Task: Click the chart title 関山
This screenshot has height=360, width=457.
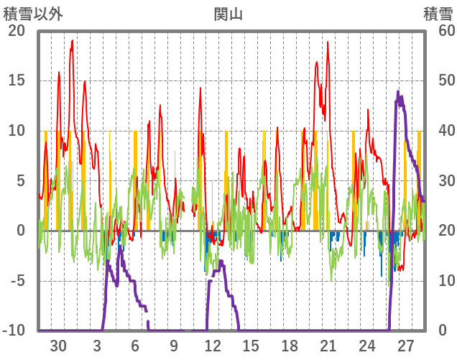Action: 228,14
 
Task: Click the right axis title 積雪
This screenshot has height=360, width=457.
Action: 437,14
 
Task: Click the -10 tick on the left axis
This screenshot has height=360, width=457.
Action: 15,331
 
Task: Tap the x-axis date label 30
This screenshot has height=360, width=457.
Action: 58,345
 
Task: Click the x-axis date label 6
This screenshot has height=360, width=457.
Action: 135,345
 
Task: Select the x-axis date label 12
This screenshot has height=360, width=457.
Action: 213,345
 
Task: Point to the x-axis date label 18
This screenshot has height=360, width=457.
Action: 290,345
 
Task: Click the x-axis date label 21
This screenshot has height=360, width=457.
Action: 328,345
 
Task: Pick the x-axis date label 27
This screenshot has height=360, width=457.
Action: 406,345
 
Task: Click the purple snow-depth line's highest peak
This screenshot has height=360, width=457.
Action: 397,91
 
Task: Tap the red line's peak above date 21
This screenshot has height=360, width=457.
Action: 328,42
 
